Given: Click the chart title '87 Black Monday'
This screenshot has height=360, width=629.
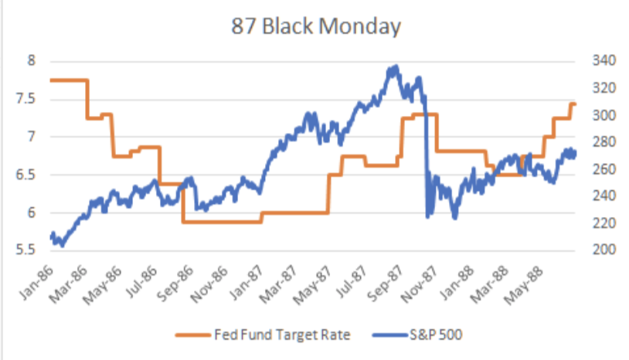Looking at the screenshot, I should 316,27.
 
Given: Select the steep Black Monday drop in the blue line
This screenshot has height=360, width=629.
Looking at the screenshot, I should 426,155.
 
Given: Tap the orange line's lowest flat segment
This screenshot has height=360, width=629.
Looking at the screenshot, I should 224,222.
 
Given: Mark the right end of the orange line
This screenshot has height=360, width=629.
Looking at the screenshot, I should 576,104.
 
